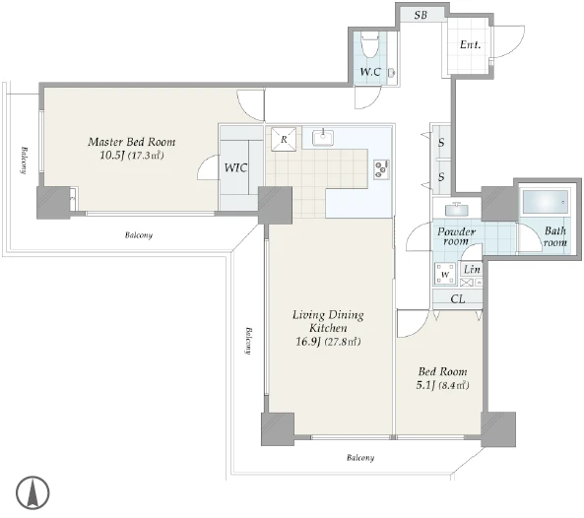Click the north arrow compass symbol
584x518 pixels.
point(32,492)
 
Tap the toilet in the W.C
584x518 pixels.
point(369,44)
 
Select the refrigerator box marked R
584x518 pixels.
point(284,140)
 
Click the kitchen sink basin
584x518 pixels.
point(323,138)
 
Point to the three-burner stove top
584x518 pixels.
point(382,169)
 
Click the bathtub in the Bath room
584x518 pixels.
point(546,202)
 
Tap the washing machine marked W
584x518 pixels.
point(445,274)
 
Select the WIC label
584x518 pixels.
point(235,167)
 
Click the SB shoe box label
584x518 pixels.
point(421,15)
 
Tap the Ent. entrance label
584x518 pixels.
point(470,44)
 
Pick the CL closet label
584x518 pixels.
point(458,298)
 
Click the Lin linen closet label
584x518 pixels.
point(472,269)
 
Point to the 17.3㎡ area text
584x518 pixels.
point(146,156)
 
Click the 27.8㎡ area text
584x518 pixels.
point(343,342)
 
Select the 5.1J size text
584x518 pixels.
point(425,385)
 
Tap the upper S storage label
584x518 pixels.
point(441,142)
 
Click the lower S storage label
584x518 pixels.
point(441,176)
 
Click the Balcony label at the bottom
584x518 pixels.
point(360,458)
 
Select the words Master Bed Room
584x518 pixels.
point(132,142)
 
